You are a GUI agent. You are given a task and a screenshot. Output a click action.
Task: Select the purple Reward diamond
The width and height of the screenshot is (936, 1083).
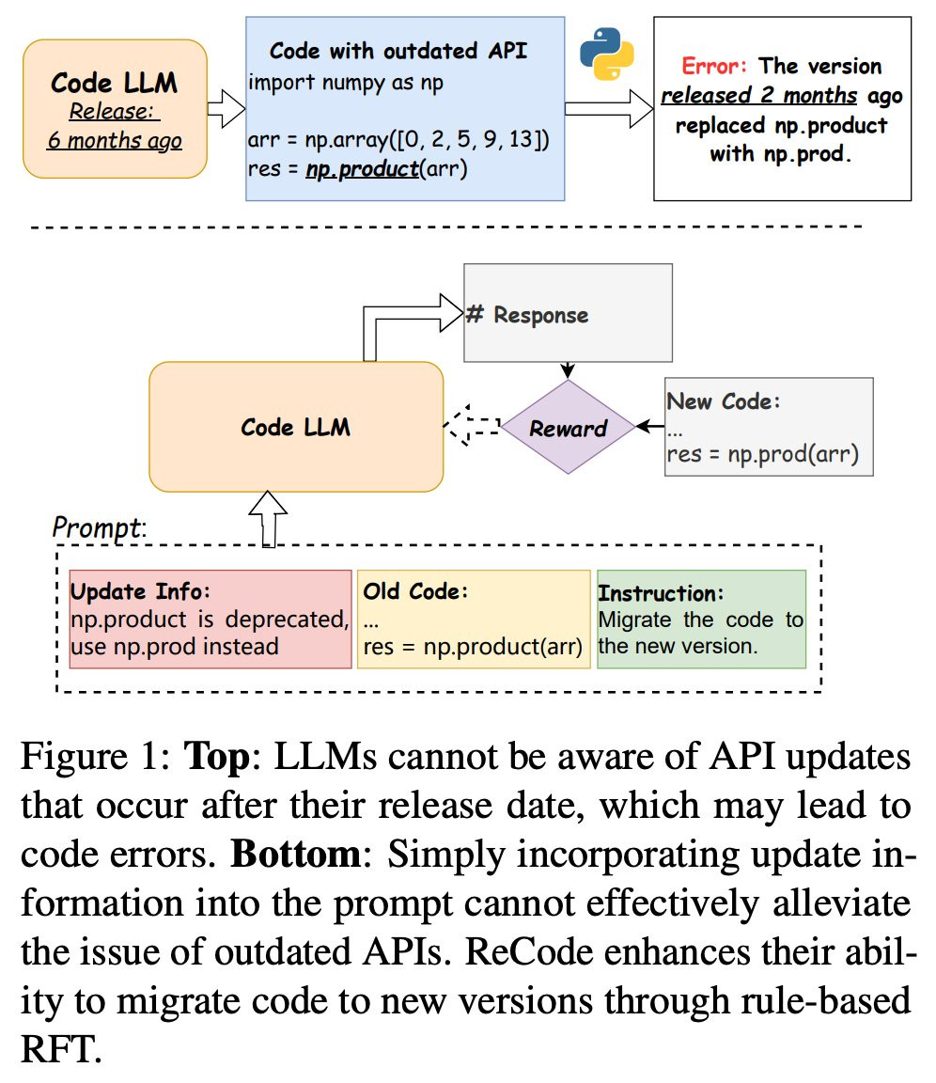click(568, 429)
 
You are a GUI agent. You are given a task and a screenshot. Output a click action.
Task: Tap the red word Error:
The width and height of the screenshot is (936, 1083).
click(716, 67)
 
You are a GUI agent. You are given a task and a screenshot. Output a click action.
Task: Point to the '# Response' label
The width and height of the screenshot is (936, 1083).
click(527, 314)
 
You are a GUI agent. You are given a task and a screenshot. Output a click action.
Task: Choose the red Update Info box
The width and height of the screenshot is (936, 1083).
click(210, 620)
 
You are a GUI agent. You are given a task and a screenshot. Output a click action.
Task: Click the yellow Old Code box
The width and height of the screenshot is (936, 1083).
click(474, 620)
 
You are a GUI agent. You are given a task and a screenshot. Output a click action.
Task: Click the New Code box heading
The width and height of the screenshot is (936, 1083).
click(725, 401)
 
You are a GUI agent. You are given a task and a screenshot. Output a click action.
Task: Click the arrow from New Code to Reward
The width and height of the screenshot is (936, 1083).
click(650, 427)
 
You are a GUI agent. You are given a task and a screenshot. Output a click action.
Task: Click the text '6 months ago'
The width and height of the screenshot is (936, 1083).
click(114, 142)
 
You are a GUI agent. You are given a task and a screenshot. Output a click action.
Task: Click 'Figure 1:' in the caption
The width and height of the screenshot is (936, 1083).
click(92, 758)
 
